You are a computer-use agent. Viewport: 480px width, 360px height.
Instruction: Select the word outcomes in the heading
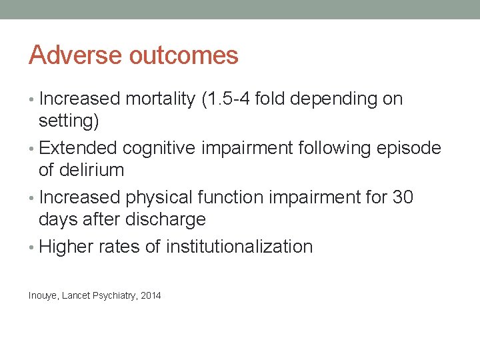coord(183,55)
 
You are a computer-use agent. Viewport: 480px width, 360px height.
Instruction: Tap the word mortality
coord(157,99)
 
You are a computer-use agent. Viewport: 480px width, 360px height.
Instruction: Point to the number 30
coord(401,197)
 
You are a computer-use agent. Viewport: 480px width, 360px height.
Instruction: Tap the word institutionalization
coord(239,247)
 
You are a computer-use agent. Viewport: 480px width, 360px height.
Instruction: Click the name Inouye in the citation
coord(43,295)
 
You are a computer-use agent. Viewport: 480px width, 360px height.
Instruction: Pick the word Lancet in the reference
coord(76,295)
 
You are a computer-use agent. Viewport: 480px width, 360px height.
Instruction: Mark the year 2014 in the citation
coord(151,295)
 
